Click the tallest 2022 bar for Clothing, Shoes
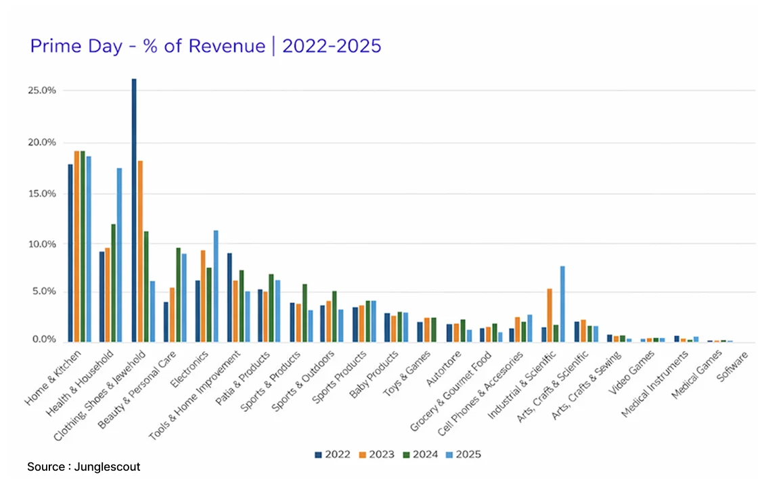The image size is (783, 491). (134, 210)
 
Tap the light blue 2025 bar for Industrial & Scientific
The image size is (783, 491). (562, 304)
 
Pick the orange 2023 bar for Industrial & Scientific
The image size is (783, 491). (550, 314)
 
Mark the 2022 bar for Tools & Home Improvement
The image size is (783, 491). (229, 297)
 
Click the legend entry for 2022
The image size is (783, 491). (332, 454)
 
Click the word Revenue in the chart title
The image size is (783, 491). (229, 46)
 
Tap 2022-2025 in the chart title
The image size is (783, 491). (332, 46)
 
